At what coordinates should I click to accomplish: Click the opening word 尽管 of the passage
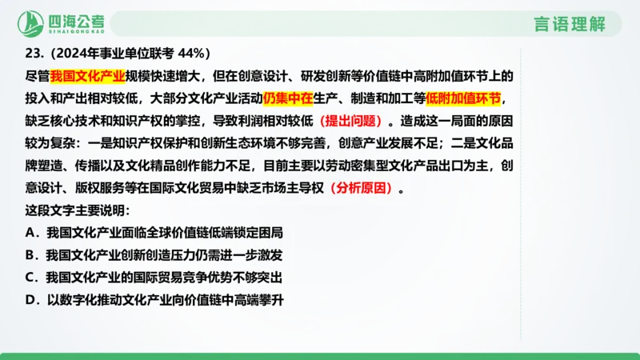37,77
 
